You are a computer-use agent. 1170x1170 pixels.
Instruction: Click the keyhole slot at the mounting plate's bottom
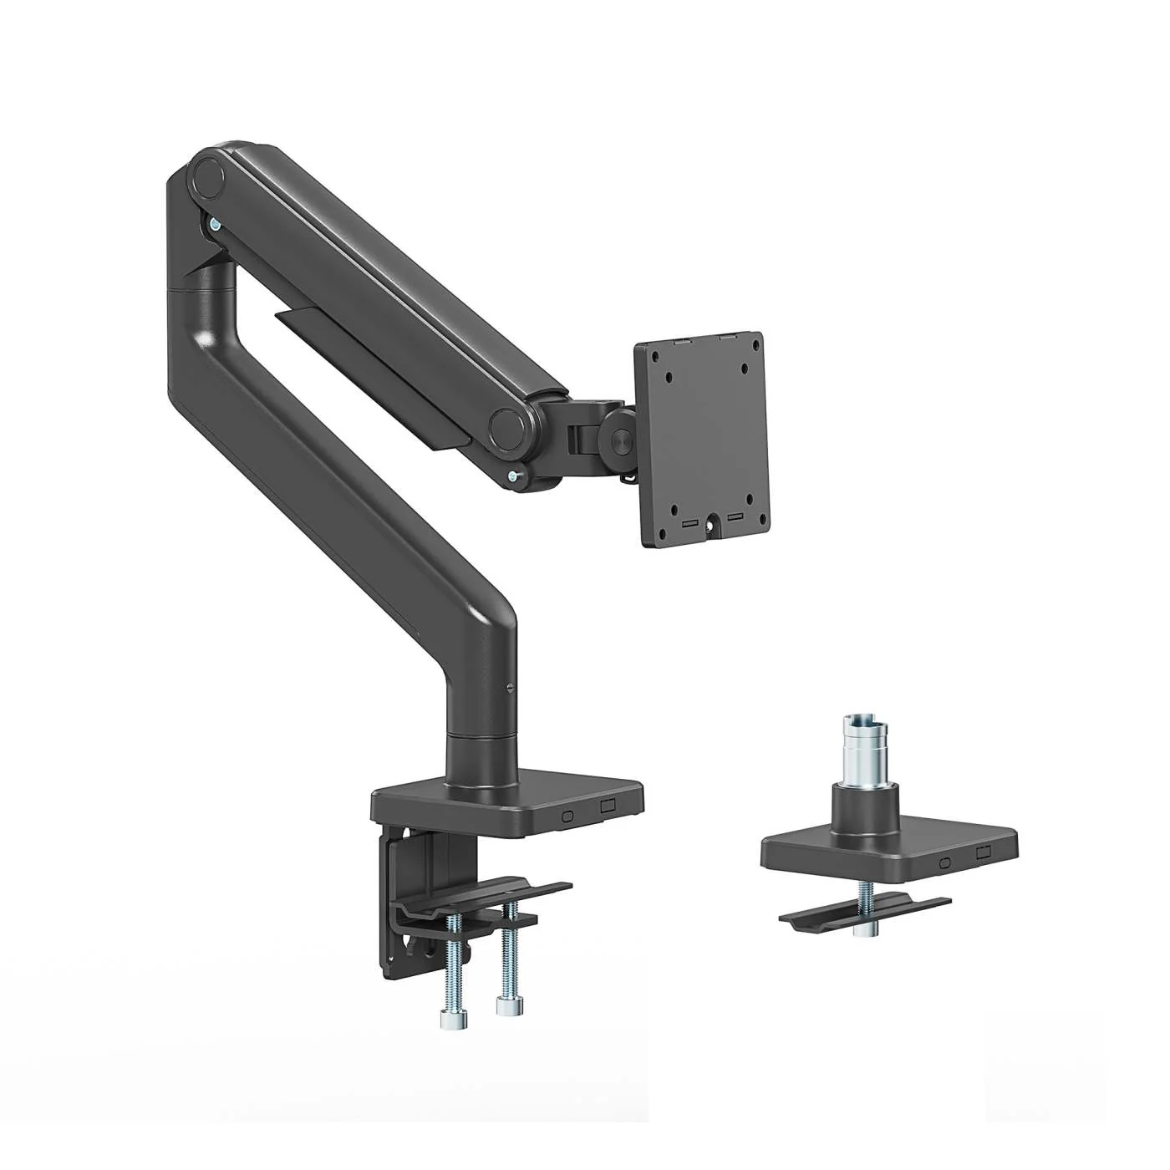pos(713,526)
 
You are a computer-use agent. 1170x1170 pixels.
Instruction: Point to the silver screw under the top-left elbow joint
pos(216,224)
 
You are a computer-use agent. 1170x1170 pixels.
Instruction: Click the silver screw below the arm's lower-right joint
pos(511,477)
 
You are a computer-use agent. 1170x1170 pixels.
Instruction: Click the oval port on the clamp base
pos(568,814)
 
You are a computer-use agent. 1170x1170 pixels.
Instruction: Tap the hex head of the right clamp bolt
pos(504,1005)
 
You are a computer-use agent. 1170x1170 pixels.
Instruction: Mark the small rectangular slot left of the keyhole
pos(690,522)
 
